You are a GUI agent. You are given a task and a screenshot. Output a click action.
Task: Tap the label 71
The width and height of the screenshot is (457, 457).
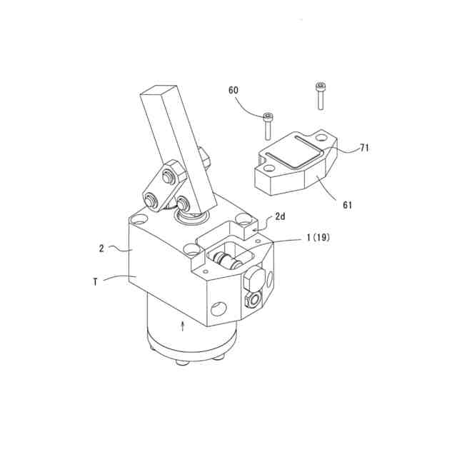pos(363,148)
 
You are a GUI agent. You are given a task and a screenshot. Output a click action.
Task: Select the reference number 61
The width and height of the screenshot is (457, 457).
pos(348,205)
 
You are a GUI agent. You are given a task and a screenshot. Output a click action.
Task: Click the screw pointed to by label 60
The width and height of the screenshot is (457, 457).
pos(267,126)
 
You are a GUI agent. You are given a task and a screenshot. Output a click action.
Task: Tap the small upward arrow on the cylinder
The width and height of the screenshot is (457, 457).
pos(184,326)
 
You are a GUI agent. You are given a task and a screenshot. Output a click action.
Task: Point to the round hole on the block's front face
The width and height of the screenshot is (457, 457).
pos(219,308)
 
